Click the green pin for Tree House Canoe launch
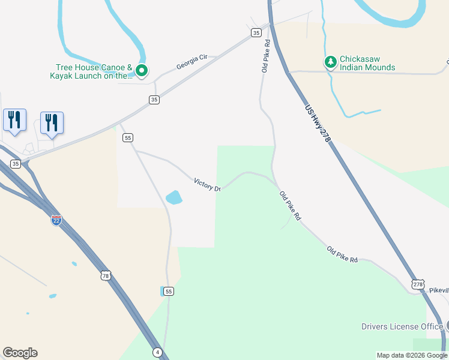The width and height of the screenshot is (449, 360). pyautogui.click(x=142, y=71)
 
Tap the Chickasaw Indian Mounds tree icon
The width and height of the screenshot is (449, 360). pyautogui.click(x=330, y=61)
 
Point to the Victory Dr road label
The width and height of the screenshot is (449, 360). pyautogui.click(x=207, y=184)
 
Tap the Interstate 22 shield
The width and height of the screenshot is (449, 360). pyautogui.click(x=56, y=220)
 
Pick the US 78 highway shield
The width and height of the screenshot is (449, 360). pyautogui.click(x=106, y=276)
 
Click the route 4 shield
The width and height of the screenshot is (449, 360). pyautogui.click(x=157, y=352)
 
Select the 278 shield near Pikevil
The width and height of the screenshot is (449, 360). pyautogui.click(x=418, y=284)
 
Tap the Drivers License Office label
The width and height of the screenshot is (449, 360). pyautogui.click(x=402, y=326)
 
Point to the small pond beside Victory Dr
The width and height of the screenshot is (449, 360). pyautogui.click(x=173, y=197)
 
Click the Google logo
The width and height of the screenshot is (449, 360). pyautogui.click(x=20, y=353)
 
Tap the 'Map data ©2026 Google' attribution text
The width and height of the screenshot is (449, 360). pyautogui.click(x=412, y=355)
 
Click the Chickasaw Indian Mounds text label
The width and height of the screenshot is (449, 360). pyautogui.click(x=367, y=63)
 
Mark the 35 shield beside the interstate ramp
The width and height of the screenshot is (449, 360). pyautogui.click(x=16, y=164)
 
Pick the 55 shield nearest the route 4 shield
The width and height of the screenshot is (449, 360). pyautogui.click(x=169, y=291)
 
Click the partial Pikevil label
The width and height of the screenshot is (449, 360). pyautogui.click(x=439, y=290)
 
